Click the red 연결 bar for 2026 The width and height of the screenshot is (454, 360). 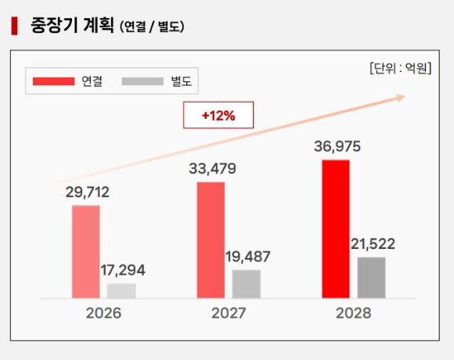85,251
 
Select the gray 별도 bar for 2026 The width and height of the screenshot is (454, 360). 121,290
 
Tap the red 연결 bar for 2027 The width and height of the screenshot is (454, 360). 211,239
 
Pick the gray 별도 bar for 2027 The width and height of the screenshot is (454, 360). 247,283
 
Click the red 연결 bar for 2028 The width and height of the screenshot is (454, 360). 336,229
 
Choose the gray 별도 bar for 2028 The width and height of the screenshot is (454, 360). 372,277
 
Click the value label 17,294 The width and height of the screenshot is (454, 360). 123,270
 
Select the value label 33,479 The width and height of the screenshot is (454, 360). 212,168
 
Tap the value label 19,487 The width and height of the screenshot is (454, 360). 248,257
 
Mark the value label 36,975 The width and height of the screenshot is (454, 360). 337,146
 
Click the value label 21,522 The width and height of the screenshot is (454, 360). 373,243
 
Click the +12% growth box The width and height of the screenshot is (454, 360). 218,116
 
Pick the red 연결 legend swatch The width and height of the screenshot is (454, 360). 53,81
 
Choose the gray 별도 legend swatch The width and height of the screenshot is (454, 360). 142,81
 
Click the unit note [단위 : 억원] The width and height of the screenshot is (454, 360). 400,68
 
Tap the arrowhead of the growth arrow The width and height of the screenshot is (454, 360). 401,97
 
